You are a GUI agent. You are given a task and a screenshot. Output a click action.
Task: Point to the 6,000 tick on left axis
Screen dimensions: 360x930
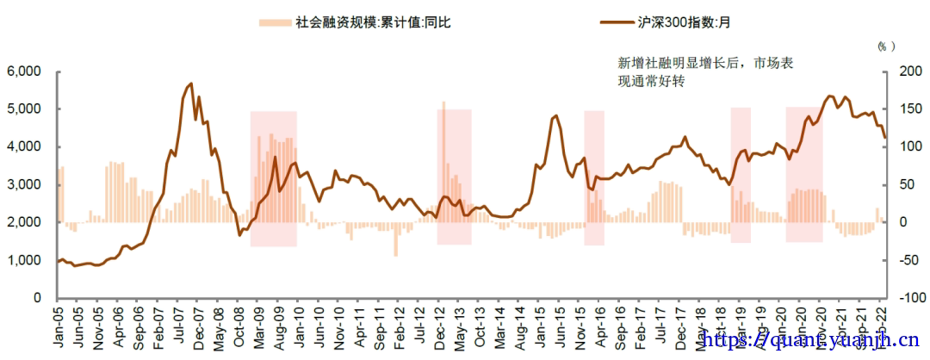pyautogui.click(x=26, y=71)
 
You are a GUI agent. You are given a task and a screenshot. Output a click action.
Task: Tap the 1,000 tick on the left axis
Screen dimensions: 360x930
pyautogui.click(x=26, y=260)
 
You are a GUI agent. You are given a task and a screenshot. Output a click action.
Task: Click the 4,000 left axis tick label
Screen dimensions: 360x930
pyautogui.click(x=26, y=147)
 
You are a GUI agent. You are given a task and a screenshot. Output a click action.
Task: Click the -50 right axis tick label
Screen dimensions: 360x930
pyautogui.click(x=899, y=260)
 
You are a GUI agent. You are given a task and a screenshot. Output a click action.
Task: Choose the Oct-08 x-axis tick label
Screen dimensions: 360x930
pyautogui.click(x=237, y=327)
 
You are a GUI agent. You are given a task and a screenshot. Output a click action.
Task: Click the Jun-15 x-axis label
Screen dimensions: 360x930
pyautogui.click(x=560, y=327)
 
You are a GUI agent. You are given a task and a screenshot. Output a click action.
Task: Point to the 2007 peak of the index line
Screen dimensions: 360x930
pyautogui.click(x=190, y=84)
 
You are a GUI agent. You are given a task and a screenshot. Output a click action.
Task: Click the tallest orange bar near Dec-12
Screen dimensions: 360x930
pyautogui.click(x=443, y=102)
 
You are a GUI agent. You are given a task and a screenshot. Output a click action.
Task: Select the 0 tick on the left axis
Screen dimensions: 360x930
pyautogui.click(x=37, y=298)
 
